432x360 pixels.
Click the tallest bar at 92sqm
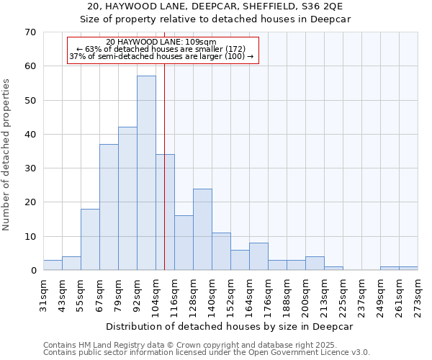point(146,173)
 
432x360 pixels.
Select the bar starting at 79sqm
point(127,198)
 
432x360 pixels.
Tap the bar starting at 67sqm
point(109,207)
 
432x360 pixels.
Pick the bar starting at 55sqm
point(90,239)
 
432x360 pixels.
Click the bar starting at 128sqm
point(202,229)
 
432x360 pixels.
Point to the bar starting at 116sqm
point(184,243)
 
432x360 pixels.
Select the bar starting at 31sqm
point(53,265)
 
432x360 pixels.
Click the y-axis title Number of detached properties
point(7,155)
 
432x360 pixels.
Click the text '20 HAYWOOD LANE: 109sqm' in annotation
point(161,42)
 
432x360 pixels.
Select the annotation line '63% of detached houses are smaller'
point(161,50)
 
